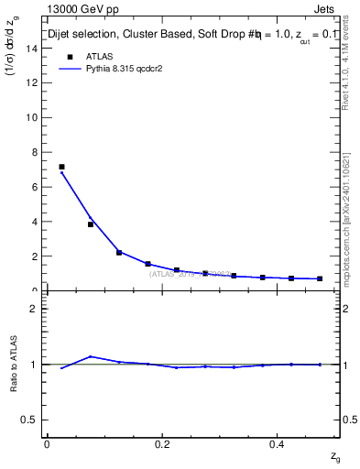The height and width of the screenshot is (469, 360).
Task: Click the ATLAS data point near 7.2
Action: pyautogui.click(x=61, y=167)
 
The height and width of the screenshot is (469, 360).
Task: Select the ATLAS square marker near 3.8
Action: pyautogui.click(x=91, y=224)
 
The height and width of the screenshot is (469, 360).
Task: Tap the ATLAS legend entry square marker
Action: pyautogui.click(x=69, y=56)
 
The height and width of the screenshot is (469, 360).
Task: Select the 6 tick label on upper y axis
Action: pyautogui.click(x=34, y=187)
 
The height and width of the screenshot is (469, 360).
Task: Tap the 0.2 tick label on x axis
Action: pyautogui.click(x=162, y=443)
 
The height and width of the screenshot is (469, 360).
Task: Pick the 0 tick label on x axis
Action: pyautogui.click(x=47, y=443)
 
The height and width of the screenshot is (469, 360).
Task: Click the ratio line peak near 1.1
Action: pyautogui.click(x=91, y=356)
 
